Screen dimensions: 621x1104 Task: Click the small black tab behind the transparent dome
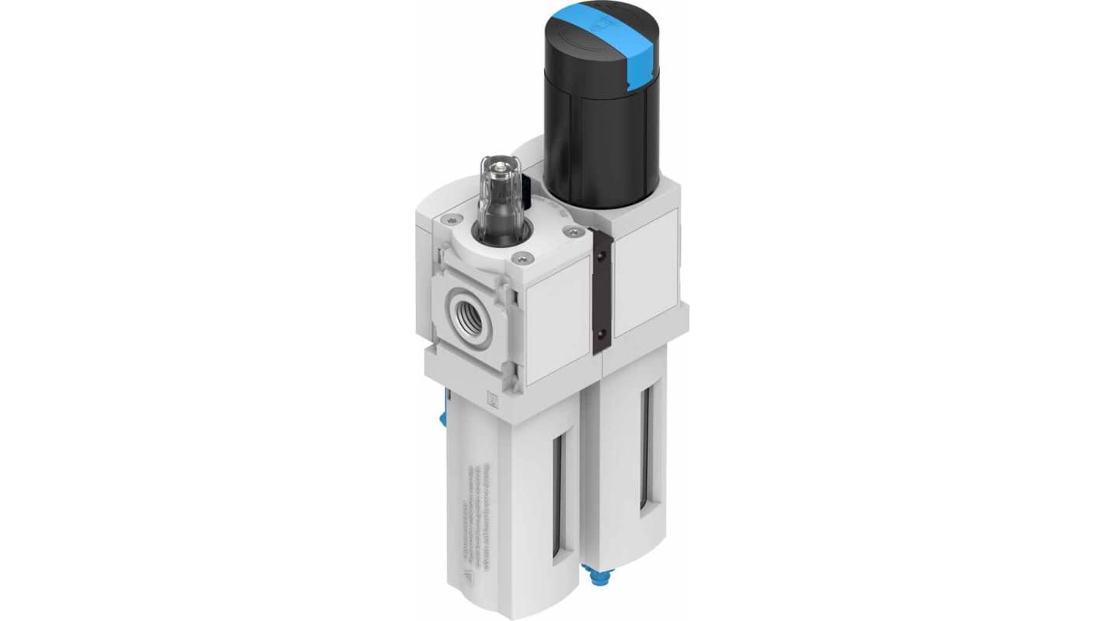528,188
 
